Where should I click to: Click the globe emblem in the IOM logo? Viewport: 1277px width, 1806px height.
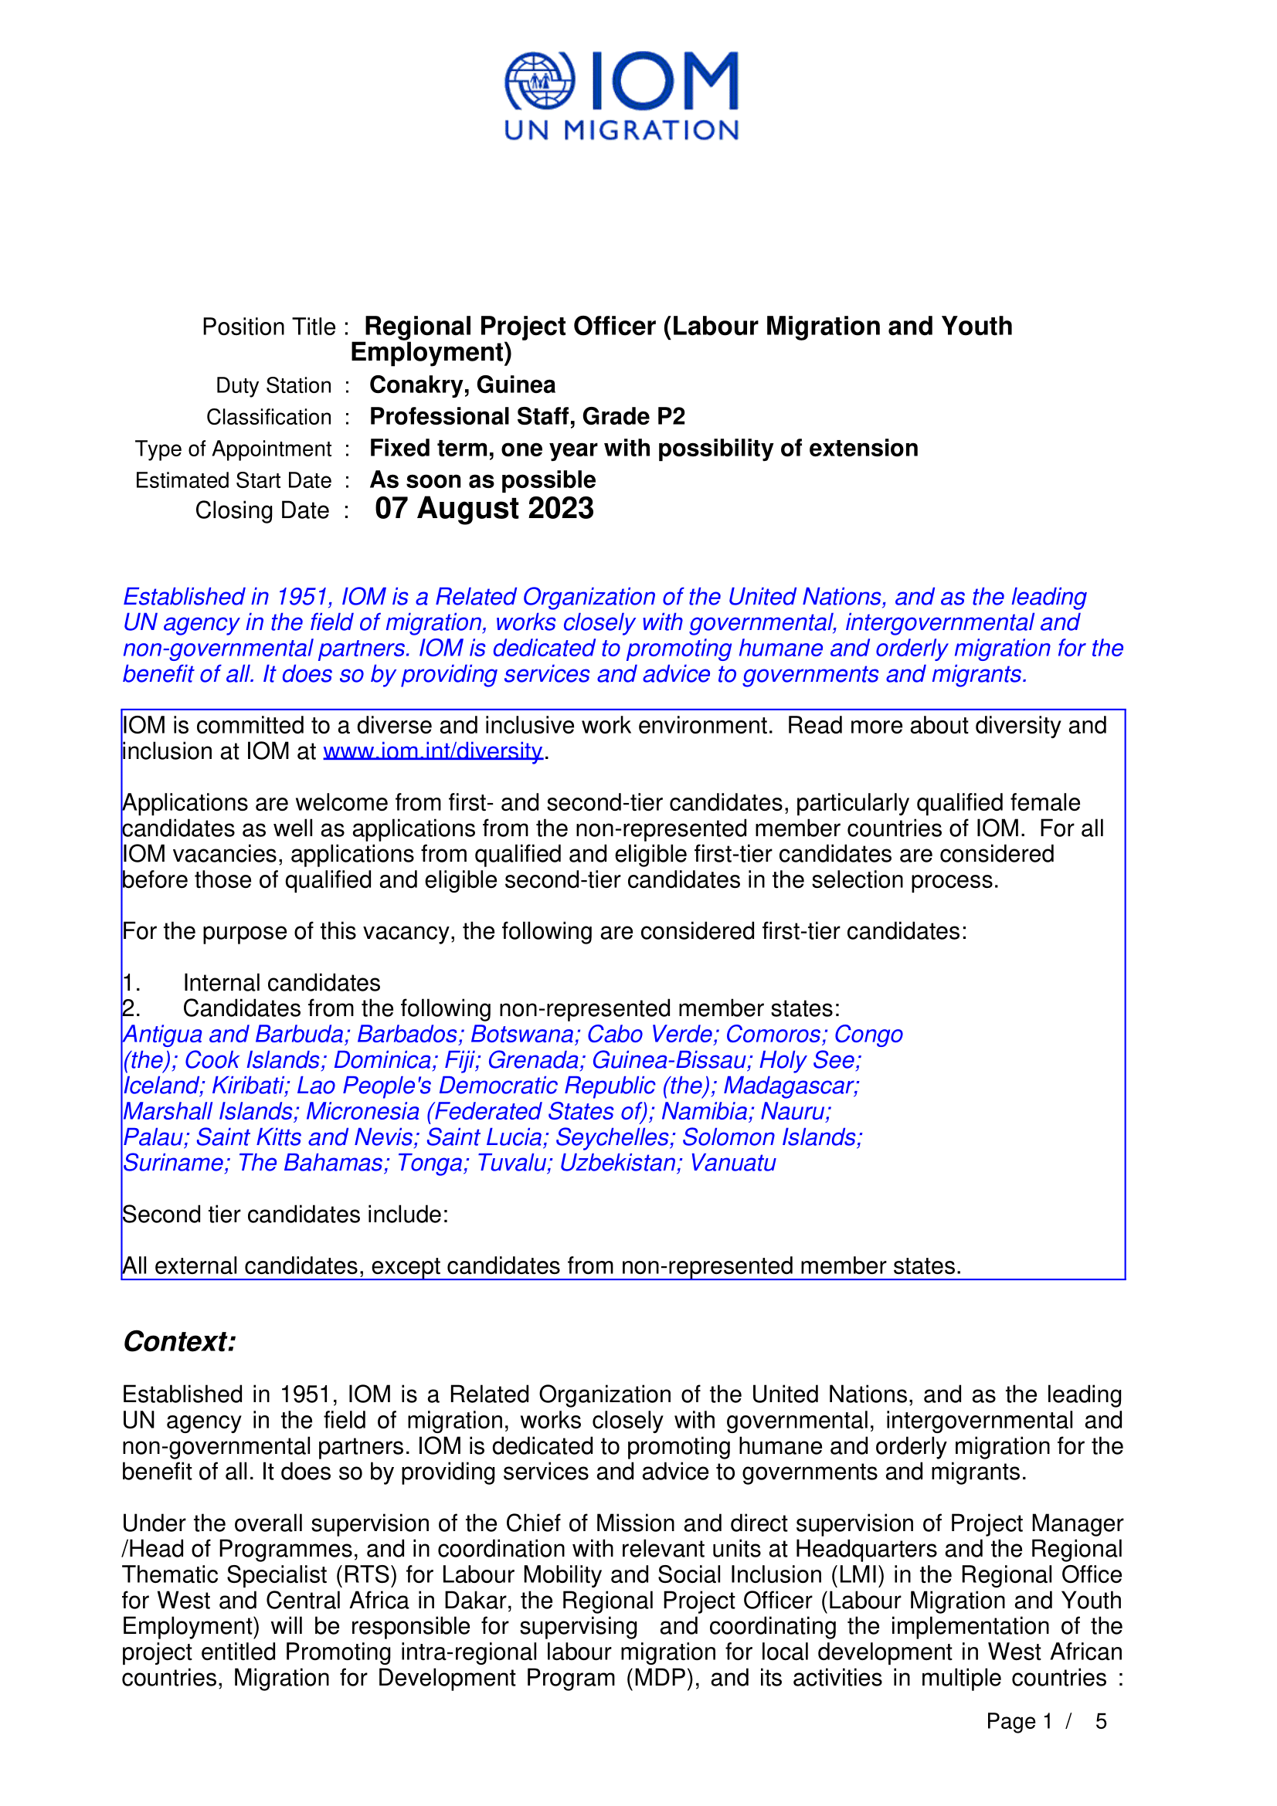pos(539,81)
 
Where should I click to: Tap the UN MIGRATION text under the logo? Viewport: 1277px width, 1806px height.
pos(621,130)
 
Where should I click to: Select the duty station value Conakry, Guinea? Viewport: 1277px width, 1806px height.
pos(462,385)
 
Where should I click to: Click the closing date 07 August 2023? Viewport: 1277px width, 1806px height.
pos(484,509)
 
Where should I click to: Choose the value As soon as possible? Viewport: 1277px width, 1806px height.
pos(482,479)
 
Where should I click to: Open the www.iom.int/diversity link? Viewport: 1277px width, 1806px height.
pos(433,751)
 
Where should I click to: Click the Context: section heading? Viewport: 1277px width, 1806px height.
pos(179,1341)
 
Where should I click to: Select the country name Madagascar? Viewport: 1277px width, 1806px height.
pos(791,1086)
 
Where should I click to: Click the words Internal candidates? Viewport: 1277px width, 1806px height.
pos(282,982)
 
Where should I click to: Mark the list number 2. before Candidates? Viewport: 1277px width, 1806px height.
pos(131,1008)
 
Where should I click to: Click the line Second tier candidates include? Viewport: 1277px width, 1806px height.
pos(286,1215)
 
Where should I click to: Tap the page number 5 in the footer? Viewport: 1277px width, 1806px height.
pos(1101,1721)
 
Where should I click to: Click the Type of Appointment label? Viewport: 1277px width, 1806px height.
pos(233,449)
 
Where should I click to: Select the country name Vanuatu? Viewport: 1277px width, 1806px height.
pos(732,1163)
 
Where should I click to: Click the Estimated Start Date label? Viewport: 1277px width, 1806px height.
pos(233,480)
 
